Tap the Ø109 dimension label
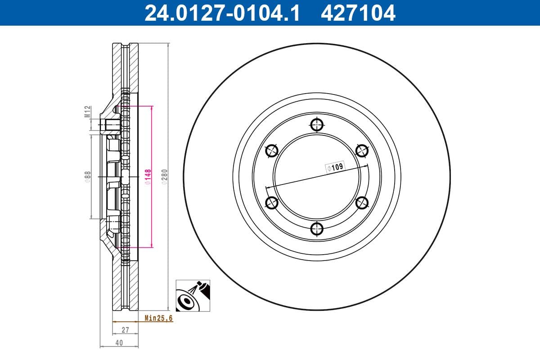335,167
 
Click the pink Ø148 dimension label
147,176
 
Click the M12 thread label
88,111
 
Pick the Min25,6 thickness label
158,318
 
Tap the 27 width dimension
125,330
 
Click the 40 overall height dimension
119,342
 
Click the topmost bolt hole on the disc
317,124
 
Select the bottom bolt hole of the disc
317,229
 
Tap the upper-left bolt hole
272,150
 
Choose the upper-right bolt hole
362,150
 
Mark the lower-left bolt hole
272,203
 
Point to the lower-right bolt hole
362,203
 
